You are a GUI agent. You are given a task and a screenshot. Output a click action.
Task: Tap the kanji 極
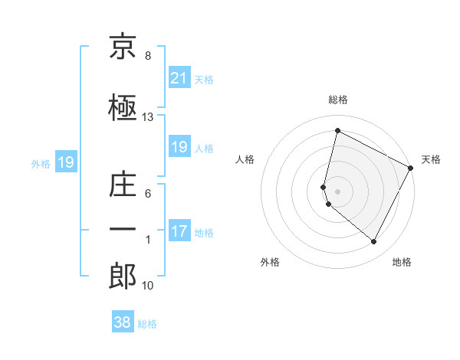(123, 107)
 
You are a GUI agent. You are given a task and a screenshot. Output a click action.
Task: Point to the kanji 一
(123, 229)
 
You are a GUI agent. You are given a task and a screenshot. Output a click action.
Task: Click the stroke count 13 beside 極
(148, 117)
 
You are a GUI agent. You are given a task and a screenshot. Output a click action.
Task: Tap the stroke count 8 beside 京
(148, 56)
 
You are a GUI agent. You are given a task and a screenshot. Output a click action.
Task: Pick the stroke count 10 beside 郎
(148, 286)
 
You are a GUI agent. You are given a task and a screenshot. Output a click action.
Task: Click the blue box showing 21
(179, 78)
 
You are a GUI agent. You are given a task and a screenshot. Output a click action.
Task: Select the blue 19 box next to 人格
(179, 147)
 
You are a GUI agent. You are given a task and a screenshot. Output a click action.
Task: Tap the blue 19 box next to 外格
(65, 162)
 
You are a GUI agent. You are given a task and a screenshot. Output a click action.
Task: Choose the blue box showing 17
(179, 231)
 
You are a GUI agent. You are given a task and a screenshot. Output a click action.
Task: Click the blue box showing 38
(123, 322)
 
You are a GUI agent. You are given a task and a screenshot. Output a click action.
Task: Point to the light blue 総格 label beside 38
(147, 324)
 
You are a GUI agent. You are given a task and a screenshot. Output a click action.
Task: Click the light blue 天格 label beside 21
(204, 80)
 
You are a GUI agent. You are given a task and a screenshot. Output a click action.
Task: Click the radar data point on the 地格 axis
(374, 242)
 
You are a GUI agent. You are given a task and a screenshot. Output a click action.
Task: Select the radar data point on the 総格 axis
(337, 131)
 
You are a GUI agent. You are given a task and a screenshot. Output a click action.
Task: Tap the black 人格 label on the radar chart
(245, 159)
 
